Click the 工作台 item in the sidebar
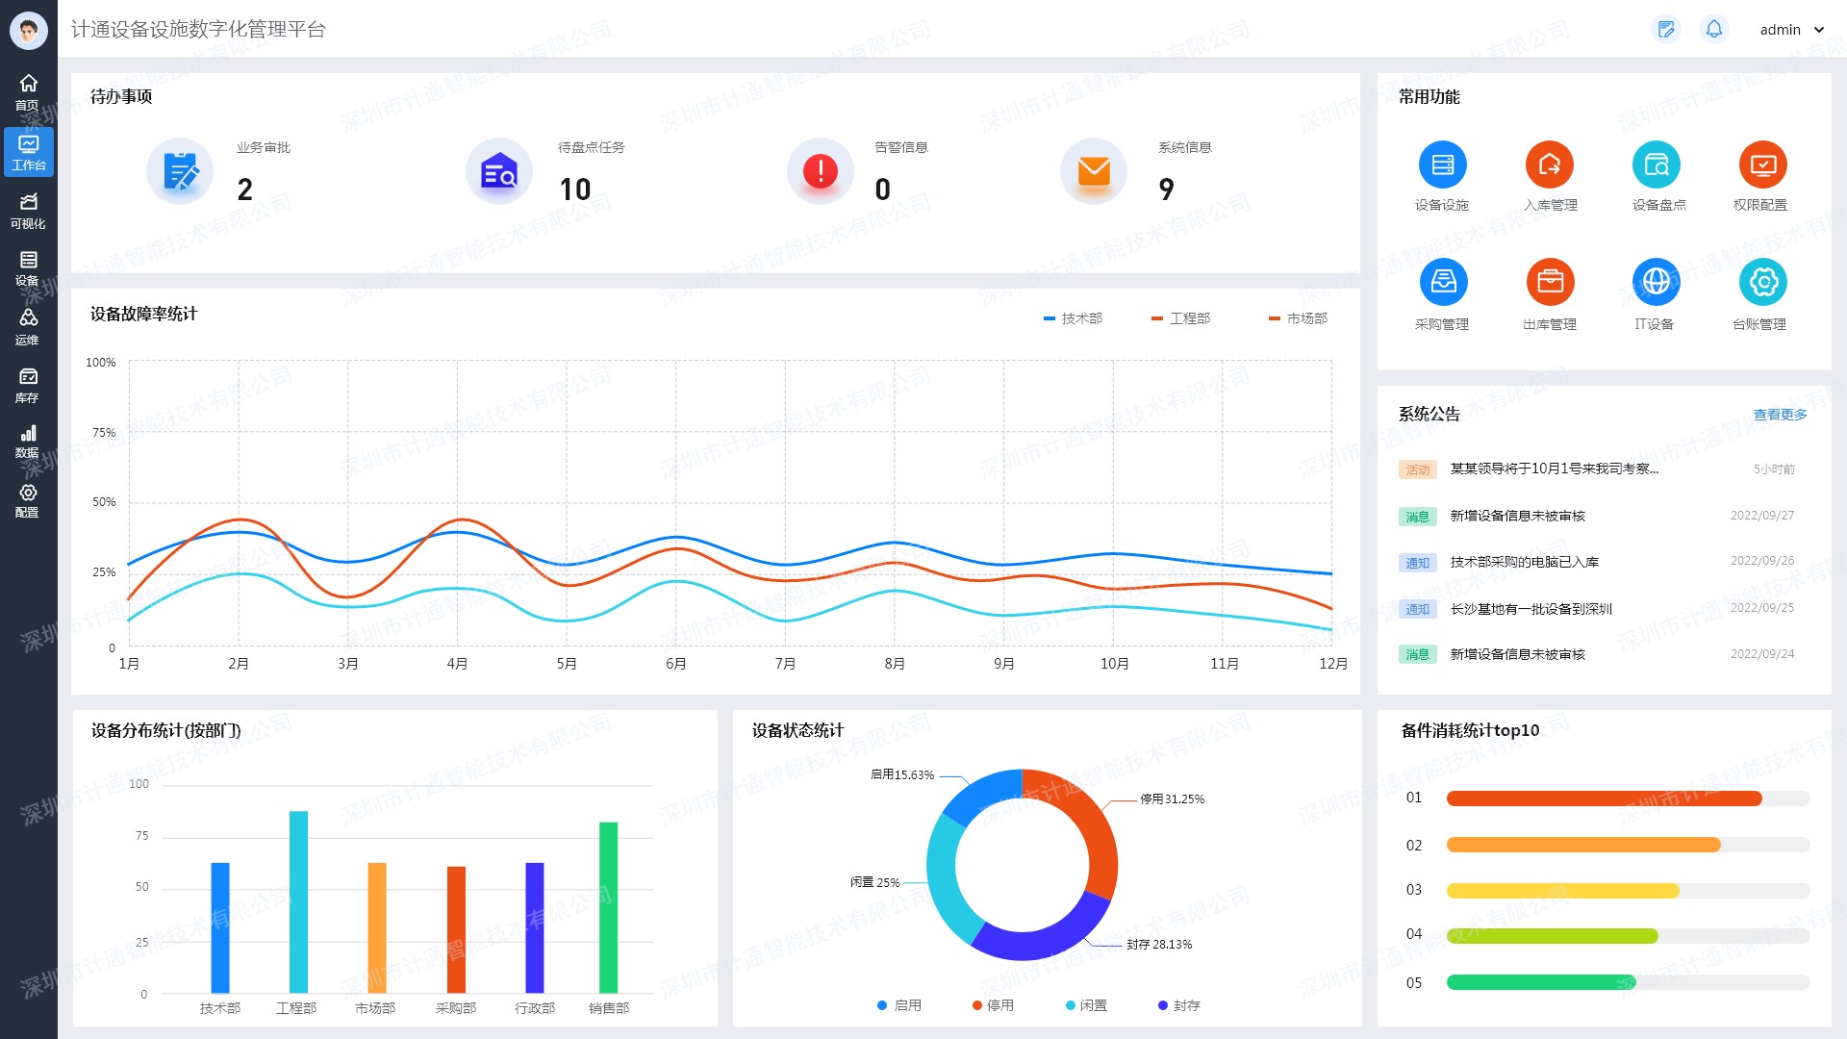coord(28,152)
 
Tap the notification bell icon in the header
coord(1713,30)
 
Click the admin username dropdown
coord(1791,30)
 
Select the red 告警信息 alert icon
coord(820,171)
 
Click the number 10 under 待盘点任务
coord(575,190)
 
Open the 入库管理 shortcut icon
coord(1549,165)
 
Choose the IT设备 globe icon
coord(1656,282)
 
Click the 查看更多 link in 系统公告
coord(1780,415)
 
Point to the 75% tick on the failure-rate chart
coord(104,433)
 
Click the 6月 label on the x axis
coord(676,664)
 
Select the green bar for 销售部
coord(608,906)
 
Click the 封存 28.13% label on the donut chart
coord(1159,945)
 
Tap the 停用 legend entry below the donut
coord(993,1005)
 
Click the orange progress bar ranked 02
coord(1582,845)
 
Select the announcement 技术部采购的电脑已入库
coord(1524,562)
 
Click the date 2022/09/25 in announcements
coord(1761,608)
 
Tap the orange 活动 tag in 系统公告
coord(1417,469)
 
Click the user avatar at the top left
coord(28,30)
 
